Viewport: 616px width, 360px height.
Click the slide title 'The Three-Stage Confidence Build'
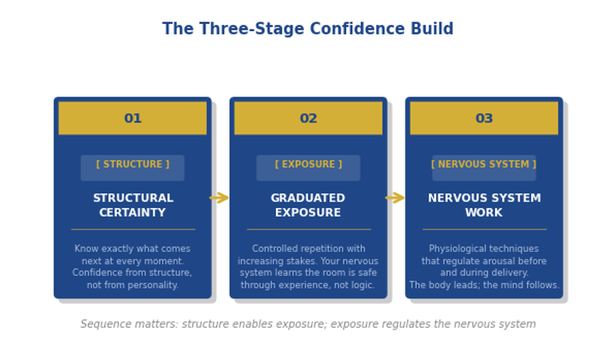coord(308,30)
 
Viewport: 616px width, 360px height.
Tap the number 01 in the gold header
coord(133,118)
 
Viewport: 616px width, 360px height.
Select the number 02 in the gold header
coord(308,118)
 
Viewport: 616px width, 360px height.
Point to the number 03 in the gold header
coord(484,118)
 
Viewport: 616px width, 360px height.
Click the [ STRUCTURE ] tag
coord(133,165)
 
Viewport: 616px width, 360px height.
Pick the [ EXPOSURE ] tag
coord(308,165)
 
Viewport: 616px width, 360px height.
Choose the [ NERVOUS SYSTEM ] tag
coord(484,165)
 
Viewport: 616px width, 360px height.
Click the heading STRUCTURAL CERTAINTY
coord(133,206)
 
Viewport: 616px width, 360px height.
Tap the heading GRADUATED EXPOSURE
coord(308,206)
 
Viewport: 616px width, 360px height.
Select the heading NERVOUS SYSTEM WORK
coord(484,206)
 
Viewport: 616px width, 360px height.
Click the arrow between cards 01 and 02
coord(219,198)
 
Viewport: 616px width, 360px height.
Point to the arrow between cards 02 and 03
coord(395,198)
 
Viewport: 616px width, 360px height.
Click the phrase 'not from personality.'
coord(133,285)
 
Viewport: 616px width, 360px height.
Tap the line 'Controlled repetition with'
coord(308,249)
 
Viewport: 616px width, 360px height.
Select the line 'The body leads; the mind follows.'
coord(484,285)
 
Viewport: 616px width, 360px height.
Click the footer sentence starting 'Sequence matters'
coord(308,324)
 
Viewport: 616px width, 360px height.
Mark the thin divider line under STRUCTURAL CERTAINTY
coord(133,230)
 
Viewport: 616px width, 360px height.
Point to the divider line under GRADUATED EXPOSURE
coord(308,230)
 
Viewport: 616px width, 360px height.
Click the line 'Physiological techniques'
coord(484,249)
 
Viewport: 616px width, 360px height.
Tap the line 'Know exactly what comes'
coord(133,249)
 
